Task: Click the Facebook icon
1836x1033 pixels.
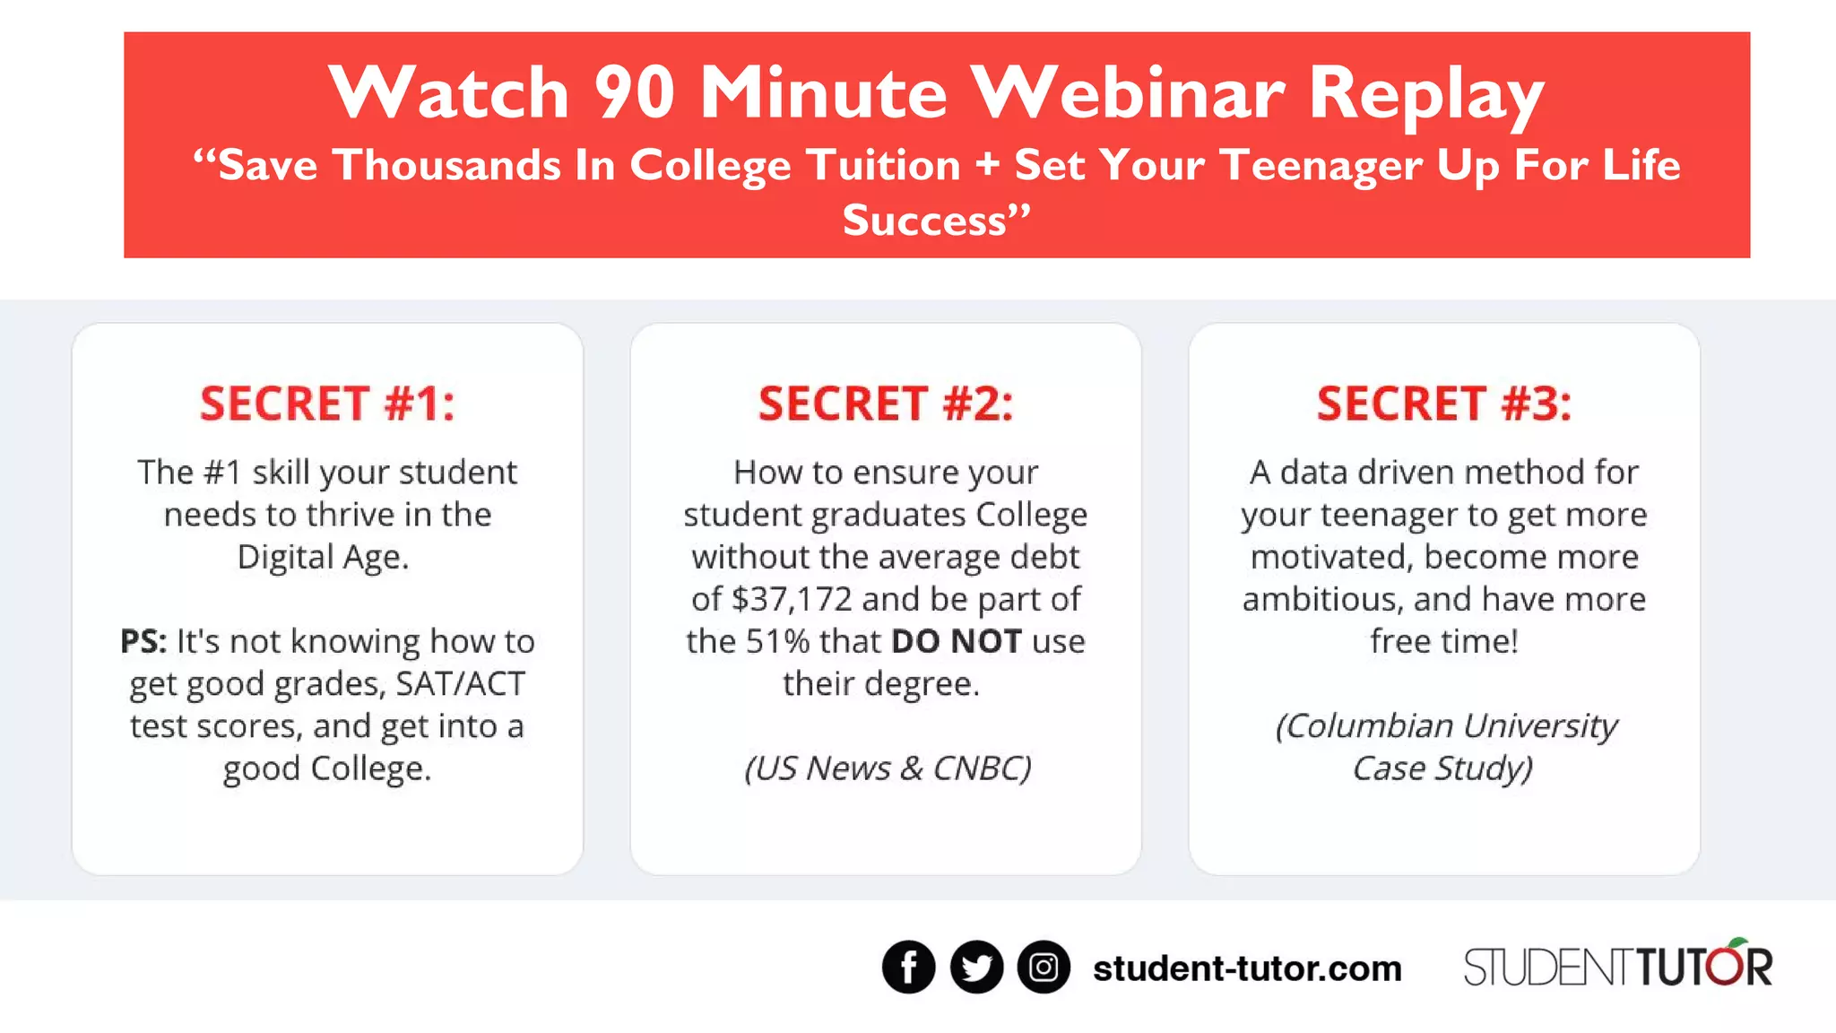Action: (908, 968)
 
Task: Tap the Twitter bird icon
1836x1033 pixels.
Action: (976, 968)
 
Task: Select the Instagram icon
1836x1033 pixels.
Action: (1044, 968)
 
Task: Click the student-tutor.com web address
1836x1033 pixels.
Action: (1247, 968)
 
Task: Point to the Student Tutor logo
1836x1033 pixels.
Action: (1617, 966)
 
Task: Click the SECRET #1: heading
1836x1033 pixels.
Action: (327, 404)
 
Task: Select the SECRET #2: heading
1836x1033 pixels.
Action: (886, 404)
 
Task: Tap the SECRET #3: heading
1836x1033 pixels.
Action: (1444, 404)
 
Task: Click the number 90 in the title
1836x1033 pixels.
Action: (634, 92)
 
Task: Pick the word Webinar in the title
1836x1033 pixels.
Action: (1129, 92)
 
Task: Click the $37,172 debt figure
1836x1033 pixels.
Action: (792, 599)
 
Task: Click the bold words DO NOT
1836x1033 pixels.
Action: (957, 641)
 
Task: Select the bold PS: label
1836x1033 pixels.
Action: (143, 641)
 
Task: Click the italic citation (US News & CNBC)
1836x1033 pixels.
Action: (888, 768)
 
